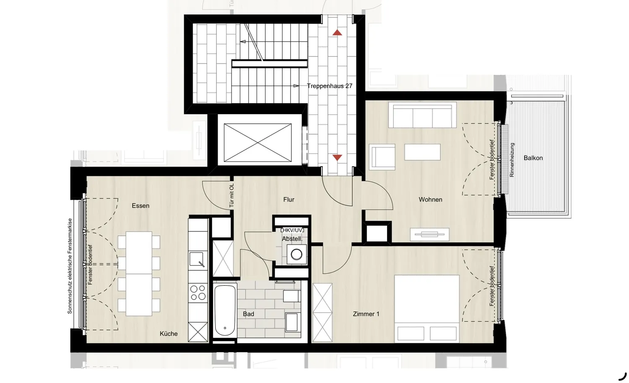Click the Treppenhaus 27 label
tap(329, 86)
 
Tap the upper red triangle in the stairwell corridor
tap(337, 33)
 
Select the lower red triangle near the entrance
tap(337, 157)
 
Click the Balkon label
tap(533, 158)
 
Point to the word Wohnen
tap(430, 200)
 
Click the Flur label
tap(289, 200)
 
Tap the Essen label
tap(140, 206)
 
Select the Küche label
tap(169, 333)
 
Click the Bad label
tap(248, 314)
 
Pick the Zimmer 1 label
tap(366, 314)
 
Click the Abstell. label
tap(292, 239)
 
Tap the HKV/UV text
tap(292, 230)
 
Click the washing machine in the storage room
tap(296, 254)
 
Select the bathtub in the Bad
tap(225, 310)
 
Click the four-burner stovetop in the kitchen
tap(198, 292)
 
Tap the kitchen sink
tap(196, 259)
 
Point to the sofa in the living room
tap(422, 115)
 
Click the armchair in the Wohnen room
tap(382, 157)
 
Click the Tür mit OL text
tap(231, 195)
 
